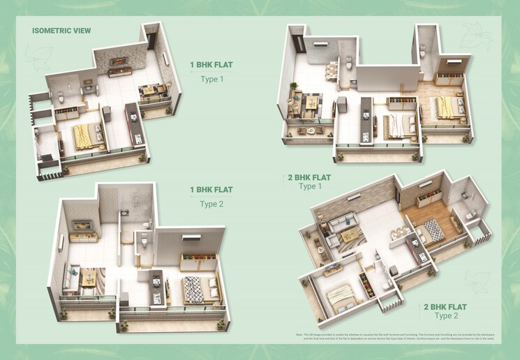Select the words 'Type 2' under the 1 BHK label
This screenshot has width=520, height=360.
tap(211, 204)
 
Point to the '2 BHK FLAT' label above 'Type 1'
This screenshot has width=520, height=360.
tap(307, 177)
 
